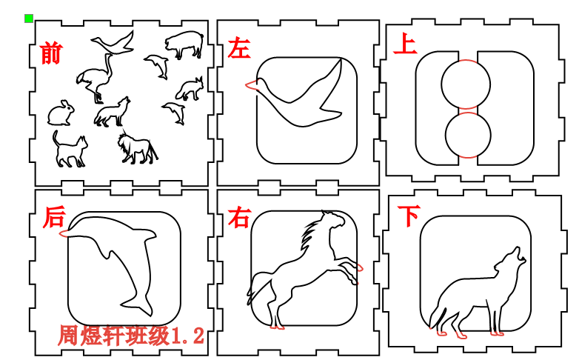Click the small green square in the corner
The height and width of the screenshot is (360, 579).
[28, 18]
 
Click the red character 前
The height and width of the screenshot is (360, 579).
[50, 53]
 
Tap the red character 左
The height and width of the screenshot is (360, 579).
[239, 48]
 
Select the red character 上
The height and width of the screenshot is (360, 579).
[405, 44]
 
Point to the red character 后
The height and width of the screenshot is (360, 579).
[53, 217]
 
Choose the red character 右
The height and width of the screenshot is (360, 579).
[239, 218]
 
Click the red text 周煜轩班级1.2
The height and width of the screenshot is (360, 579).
[130, 336]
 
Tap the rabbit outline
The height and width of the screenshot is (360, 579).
[61, 113]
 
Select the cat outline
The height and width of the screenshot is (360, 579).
[69, 149]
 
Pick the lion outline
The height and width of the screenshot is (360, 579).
[137, 147]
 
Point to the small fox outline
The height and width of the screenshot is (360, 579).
[189, 89]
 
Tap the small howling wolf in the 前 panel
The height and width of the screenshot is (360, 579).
[112, 113]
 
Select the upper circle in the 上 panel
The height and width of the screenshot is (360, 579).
[466, 83]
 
